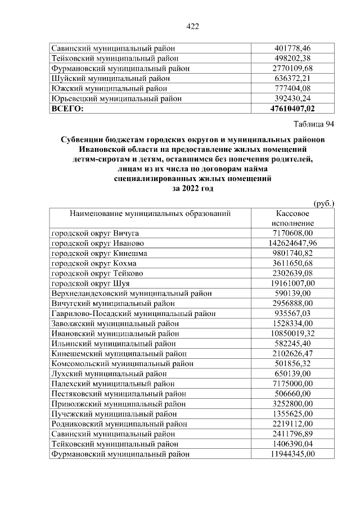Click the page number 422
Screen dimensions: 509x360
192,26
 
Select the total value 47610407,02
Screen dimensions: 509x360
292,109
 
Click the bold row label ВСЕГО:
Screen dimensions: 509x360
67,109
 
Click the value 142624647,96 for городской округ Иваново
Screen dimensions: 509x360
292,244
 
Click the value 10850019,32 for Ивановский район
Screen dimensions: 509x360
292,334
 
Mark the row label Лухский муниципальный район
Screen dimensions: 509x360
109,373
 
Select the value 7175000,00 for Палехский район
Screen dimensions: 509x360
292,384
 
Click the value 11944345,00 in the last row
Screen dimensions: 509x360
292,454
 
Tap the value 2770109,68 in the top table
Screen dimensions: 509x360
292,68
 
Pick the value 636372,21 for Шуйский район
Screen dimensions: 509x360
292,78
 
